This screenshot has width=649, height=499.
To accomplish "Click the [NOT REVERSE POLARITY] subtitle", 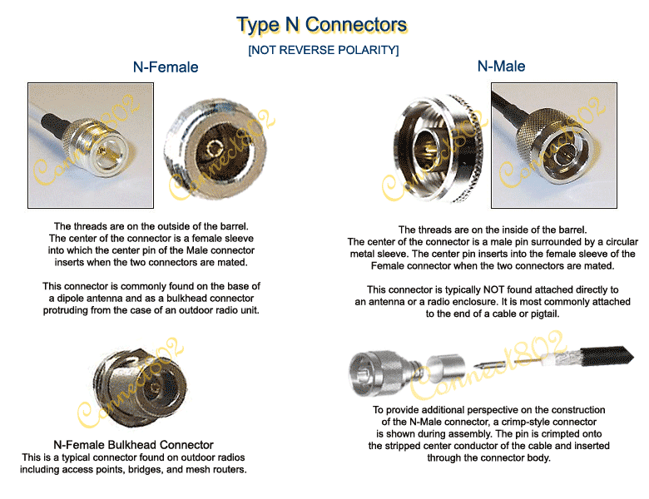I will pyautogui.click(x=323, y=51).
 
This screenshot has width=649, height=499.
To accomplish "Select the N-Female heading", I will pyautogui.click(x=166, y=67).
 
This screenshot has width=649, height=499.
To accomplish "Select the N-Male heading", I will pyautogui.click(x=501, y=66).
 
